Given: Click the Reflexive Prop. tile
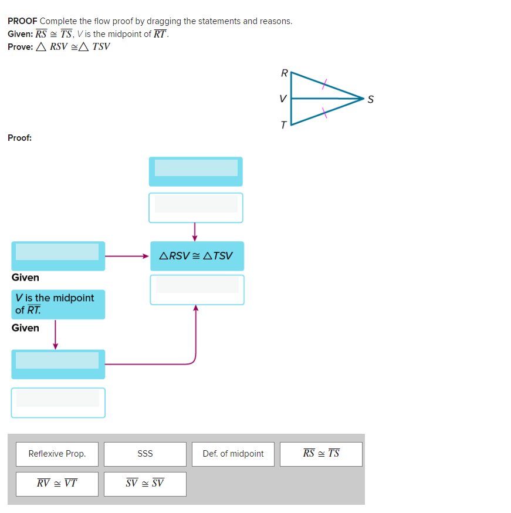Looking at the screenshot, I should pos(57,454).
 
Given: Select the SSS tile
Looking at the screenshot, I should pos(145,454).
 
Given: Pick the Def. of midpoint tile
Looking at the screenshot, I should pos(233,454).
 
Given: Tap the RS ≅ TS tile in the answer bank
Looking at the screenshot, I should pos(321,454).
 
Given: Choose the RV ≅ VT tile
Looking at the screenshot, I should pos(57,484).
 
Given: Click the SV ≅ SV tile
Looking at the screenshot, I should pos(145,484).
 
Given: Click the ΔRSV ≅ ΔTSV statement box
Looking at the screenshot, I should pos(197,256).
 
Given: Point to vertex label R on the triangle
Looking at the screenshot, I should pos(284,73).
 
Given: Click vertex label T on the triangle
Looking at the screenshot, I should pos(284,125).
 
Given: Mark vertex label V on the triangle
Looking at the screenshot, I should pos(283,99).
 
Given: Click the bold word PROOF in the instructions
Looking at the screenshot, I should pos(22,21).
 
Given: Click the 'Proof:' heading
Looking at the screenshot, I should pos(20,138).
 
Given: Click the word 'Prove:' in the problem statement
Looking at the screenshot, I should pos(21,47).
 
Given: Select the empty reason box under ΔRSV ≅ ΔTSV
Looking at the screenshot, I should pos(197,289).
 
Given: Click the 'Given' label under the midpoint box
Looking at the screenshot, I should pos(25,328).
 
